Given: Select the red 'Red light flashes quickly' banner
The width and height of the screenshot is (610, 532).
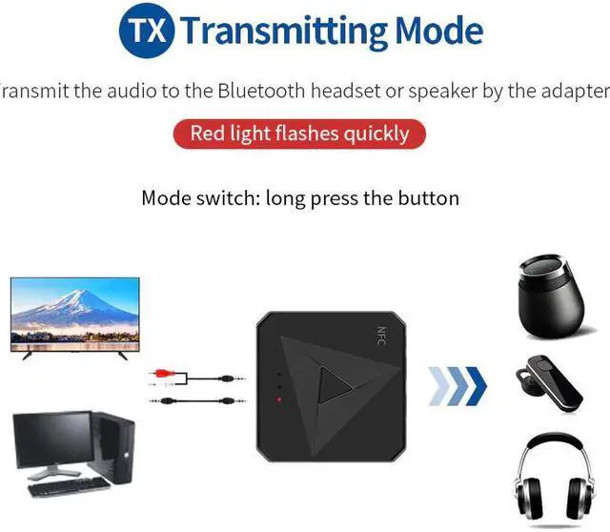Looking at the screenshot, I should click(299, 133).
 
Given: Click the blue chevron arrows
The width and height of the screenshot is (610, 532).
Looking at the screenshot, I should click(457, 385).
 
